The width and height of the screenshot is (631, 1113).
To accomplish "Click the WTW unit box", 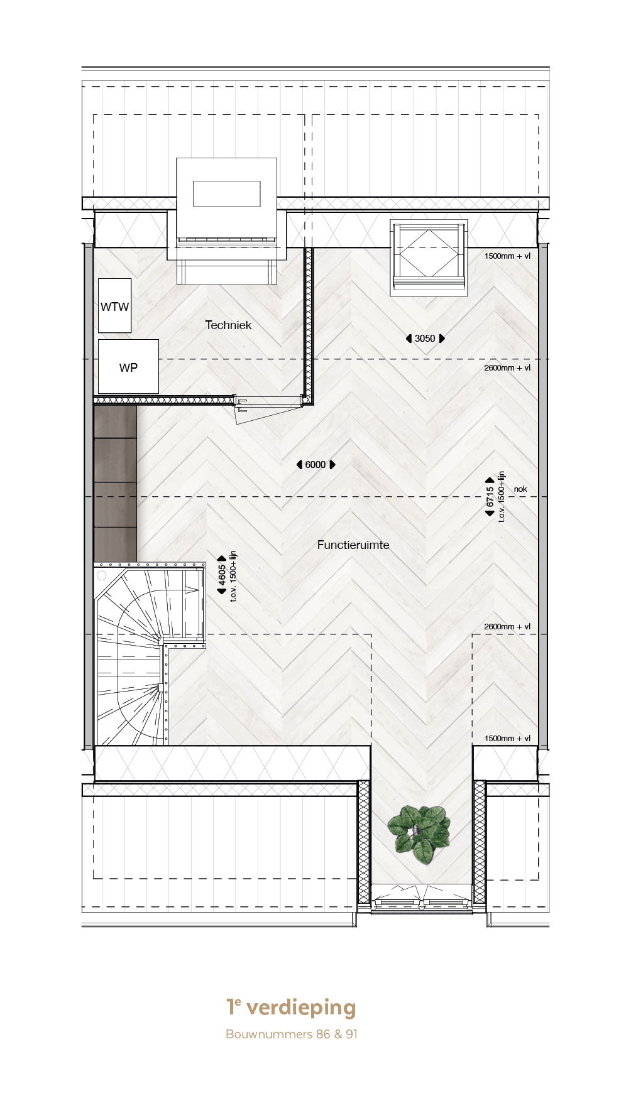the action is click(114, 306).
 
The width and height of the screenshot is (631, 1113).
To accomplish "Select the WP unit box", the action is click(128, 367).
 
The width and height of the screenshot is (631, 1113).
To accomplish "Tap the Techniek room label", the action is click(228, 325).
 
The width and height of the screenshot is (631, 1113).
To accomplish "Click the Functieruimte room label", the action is click(353, 545).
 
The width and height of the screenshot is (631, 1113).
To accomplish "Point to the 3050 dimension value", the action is click(425, 339).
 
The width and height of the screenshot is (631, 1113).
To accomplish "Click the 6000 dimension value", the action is click(315, 465).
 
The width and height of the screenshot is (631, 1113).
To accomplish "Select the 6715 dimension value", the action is click(490, 496).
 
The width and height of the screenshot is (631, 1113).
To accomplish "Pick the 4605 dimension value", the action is click(222, 574).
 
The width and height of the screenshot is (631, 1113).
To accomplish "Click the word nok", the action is click(520, 489).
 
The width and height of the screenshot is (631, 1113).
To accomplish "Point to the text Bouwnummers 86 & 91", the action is click(292, 1034).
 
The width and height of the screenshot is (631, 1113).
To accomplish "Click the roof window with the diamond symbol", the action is click(429, 258).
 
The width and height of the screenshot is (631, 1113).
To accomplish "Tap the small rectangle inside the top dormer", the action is click(226, 193).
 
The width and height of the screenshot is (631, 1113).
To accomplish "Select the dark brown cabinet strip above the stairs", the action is click(116, 484).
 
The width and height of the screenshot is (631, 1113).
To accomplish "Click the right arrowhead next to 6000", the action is click(332, 465).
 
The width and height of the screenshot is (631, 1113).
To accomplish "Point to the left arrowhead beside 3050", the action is click(409, 339).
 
